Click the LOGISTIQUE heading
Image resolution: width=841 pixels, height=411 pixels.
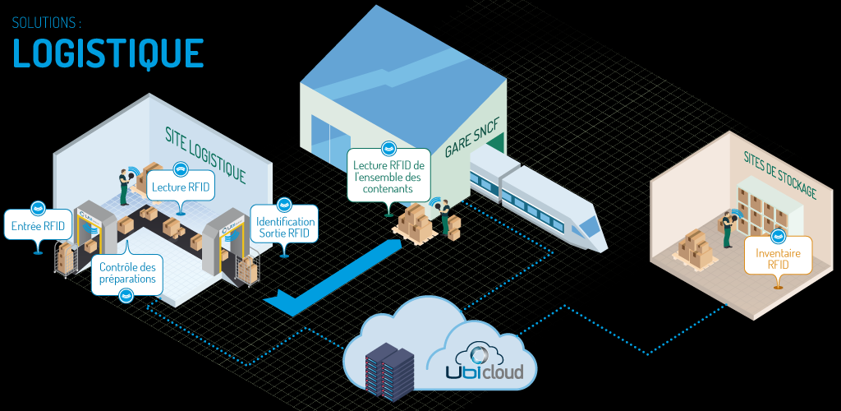[108, 52]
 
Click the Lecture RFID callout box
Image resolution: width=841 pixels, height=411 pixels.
[181, 187]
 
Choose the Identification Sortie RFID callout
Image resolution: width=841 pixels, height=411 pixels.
[285, 228]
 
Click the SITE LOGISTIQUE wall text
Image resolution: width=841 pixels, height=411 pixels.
[205, 152]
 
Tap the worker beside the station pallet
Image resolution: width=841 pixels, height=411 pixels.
[445, 217]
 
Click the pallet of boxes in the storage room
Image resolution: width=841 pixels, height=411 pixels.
[695, 247]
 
